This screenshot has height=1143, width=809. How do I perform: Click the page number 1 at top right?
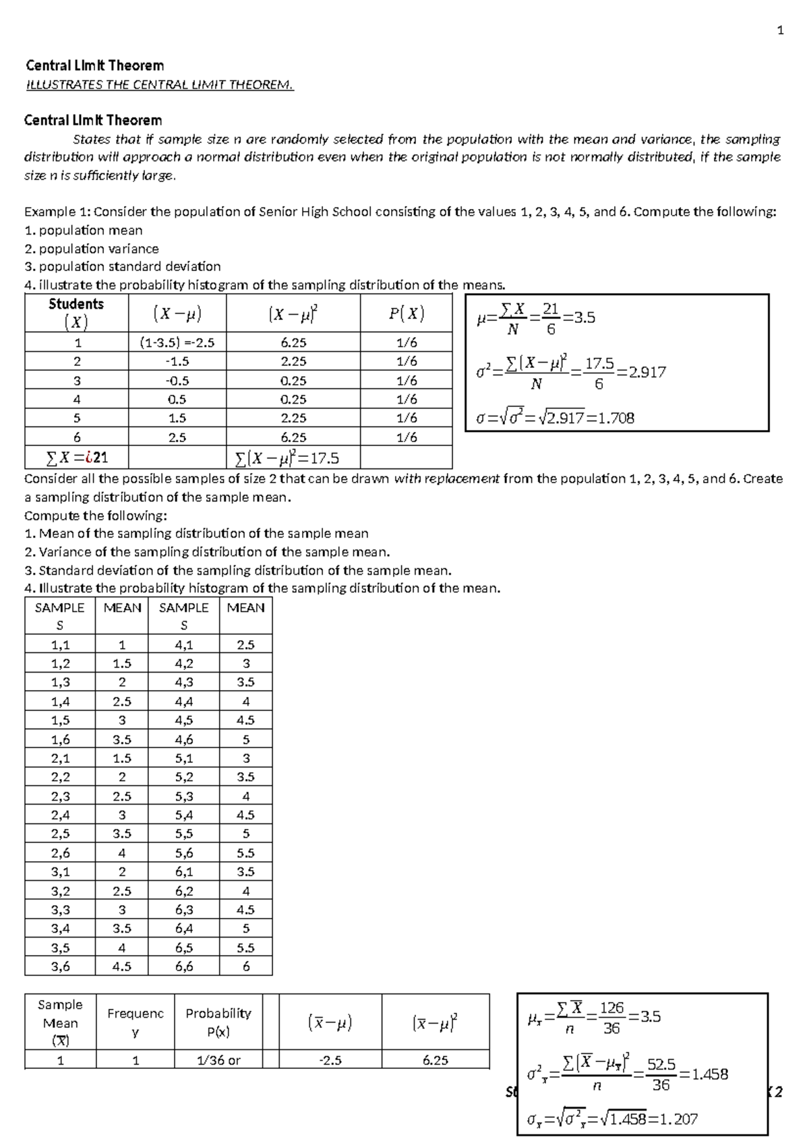point(781,30)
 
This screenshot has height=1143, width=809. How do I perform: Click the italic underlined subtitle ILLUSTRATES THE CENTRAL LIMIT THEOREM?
point(160,85)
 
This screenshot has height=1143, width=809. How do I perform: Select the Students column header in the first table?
point(76,313)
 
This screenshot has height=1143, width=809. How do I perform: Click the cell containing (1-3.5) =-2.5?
point(177,342)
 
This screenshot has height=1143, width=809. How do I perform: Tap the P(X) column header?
point(406,313)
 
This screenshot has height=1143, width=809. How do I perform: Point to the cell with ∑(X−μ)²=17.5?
point(287,459)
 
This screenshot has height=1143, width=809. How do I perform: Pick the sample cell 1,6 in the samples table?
point(60,739)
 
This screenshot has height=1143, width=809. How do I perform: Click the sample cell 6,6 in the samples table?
point(183,966)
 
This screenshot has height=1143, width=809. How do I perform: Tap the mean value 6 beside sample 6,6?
point(245,966)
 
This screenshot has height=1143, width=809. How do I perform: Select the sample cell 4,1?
point(183,644)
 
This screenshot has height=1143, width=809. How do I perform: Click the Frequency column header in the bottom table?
point(135,1022)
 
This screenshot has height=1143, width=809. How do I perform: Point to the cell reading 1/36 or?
point(218,1060)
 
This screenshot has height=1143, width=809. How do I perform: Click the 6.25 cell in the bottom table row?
point(435,1060)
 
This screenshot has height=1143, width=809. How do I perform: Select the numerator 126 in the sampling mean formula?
point(611,1008)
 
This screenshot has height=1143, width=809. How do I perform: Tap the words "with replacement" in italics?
point(446,479)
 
